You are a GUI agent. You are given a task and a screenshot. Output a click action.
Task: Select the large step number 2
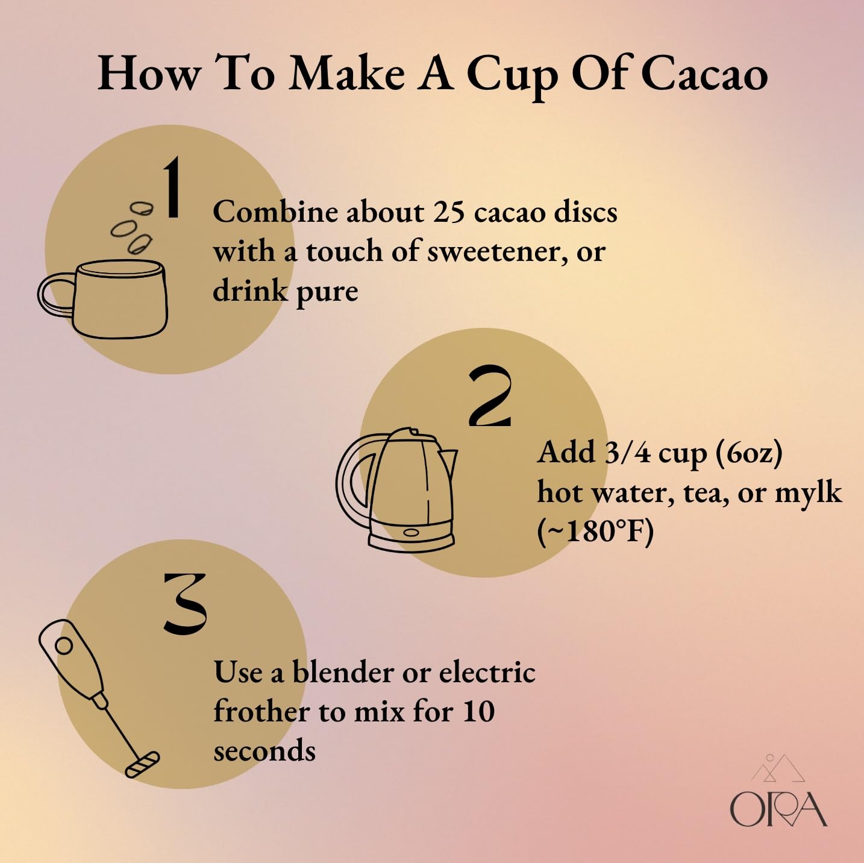490,397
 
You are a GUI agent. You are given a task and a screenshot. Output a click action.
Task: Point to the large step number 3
185,604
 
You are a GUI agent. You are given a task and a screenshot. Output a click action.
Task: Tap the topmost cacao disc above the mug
143,209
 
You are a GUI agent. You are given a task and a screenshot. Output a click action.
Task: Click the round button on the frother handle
63,647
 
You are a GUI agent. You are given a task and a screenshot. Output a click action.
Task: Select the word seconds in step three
264,752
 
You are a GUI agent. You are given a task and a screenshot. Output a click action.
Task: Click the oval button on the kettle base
411,532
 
